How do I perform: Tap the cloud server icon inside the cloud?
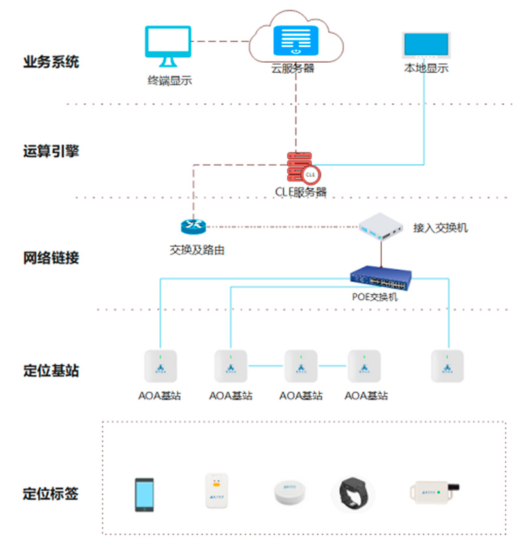pos(296,40)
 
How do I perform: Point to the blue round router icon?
pos(193,226)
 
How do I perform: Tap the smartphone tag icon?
pos(144,494)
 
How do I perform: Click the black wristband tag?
pos(354,495)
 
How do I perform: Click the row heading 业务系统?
pos(51,63)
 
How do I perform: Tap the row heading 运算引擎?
pos(51,151)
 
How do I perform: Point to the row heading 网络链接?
pos(51,257)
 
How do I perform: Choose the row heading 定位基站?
pos(51,370)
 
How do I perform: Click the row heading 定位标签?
pos(51,493)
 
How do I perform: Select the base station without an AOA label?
pos(448,366)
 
